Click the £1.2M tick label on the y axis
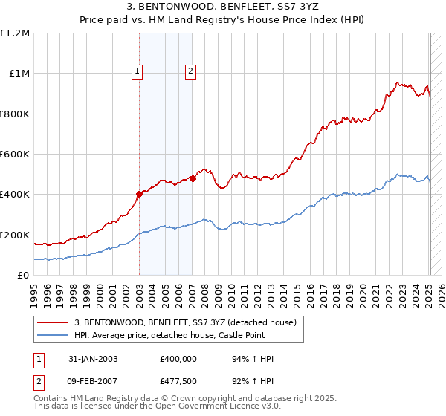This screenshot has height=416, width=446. pyautogui.click(x=15, y=33)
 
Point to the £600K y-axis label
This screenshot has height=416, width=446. pyautogui.click(x=15, y=155)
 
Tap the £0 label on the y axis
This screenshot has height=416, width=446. pyautogui.click(x=24, y=276)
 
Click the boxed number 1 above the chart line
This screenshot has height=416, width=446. pyautogui.click(x=138, y=71)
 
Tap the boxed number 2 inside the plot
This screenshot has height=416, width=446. pyautogui.click(x=191, y=71)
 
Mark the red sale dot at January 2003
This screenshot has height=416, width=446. pyautogui.click(x=139, y=195)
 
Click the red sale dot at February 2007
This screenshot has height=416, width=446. pyautogui.click(x=193, y=178)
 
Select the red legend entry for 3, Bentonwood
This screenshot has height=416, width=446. pyautogui.click(x=185, y=322)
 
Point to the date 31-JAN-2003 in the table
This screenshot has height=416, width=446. pyautogui.click(x=92, y=359)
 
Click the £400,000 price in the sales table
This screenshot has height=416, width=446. pyautogui.click(x=178, y=359)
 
